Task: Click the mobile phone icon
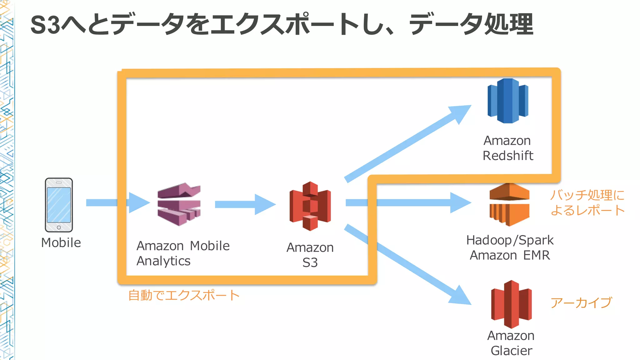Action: pyautogui.click(x=59, y=205)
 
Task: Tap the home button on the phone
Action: pyautogui.click(x=59, y=227)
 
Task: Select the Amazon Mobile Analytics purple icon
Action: pyautogui.click(x=179, y=204)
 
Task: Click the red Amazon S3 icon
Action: pyautogui.click(x=310, y=206)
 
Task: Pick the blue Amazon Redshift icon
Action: pyautogui.click(x=508, y=101)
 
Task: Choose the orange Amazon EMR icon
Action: pyautogui.click(x=509, y=205)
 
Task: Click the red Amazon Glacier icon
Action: pyautogui.click(x=511, y=304)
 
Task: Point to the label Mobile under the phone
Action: pyautogui.click(x=61, y=243)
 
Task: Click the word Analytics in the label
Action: pyautogui.click(x=163, y=261)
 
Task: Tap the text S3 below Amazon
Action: pyautogui.click(x=310, y=262)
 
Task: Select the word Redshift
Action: pyautogui.click(x=508, y=156)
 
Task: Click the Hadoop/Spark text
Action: pyautogui.click(x=510, y=240)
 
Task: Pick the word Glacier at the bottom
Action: pyautogui.click(x=511, y=351)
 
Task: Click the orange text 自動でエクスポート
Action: pyautogui.click(x=184, y=295)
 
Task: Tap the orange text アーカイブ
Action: pyautogui.click(x=581, y=302)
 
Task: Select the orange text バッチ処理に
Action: pyautogui.click(x=587, y=195)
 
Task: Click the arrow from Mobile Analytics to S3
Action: pyautogui.click(x=245, y=204)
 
